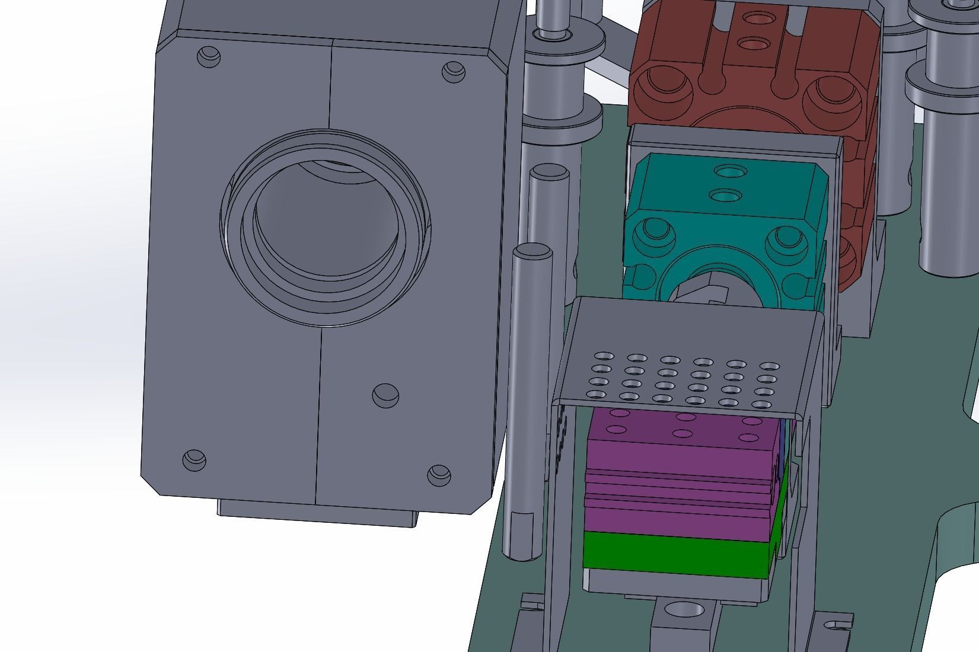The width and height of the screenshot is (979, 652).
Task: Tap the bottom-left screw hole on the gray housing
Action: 193,459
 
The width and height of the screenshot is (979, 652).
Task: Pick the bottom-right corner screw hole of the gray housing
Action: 438,473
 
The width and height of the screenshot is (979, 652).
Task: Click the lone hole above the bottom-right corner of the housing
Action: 385,395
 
